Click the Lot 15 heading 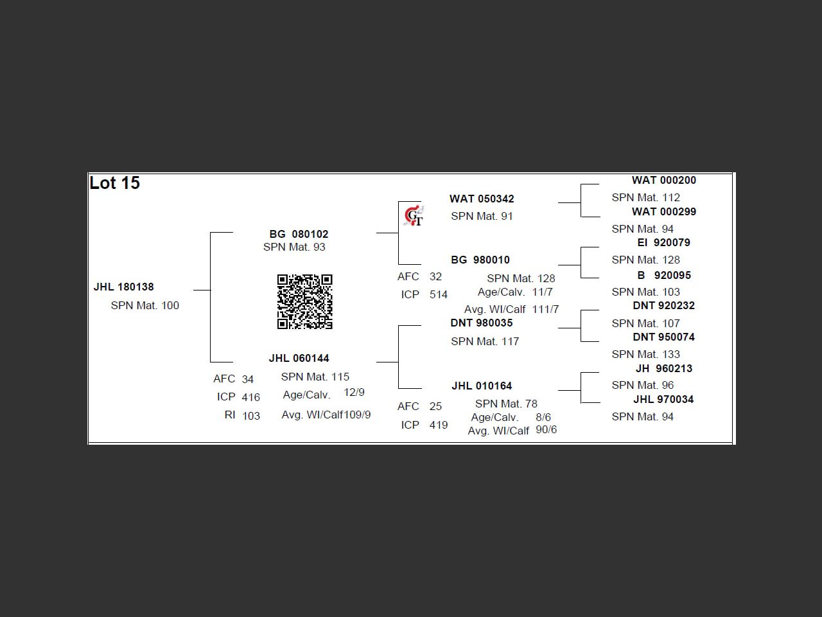(x=115, y=183)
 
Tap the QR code (x=304, y=301)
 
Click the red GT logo (x=414, y=217)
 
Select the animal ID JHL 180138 (x=124, y=287)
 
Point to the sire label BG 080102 (x=299, y=234)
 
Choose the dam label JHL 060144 (x=299, y=358)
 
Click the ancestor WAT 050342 (x=482, y=199)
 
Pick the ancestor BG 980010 (x=480, y=260)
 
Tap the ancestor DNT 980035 (x=482, y=323)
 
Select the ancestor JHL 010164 (x=482, y=386)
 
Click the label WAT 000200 (x=663, y=180)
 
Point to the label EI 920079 (x=663, y=242)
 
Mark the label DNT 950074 (x=663, y=337)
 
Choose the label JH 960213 (x=663, y=368)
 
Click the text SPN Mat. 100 (x=145, y=305)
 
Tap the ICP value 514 (x=439, y=294)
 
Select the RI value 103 (x=251, y=416)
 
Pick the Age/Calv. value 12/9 (x=354, y=392)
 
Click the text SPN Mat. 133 (x=645, y=354)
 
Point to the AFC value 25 (x=435, y=406)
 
